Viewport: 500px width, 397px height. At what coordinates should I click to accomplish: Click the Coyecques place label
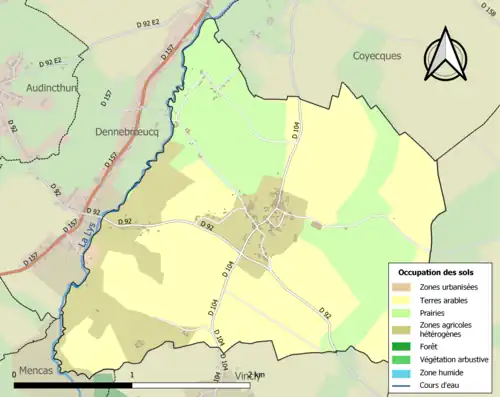376,56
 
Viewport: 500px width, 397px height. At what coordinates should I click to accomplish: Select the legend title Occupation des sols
436,272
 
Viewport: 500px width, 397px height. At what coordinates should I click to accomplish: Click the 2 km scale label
258,375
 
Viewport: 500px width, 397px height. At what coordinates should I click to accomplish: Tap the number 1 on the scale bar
133,375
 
